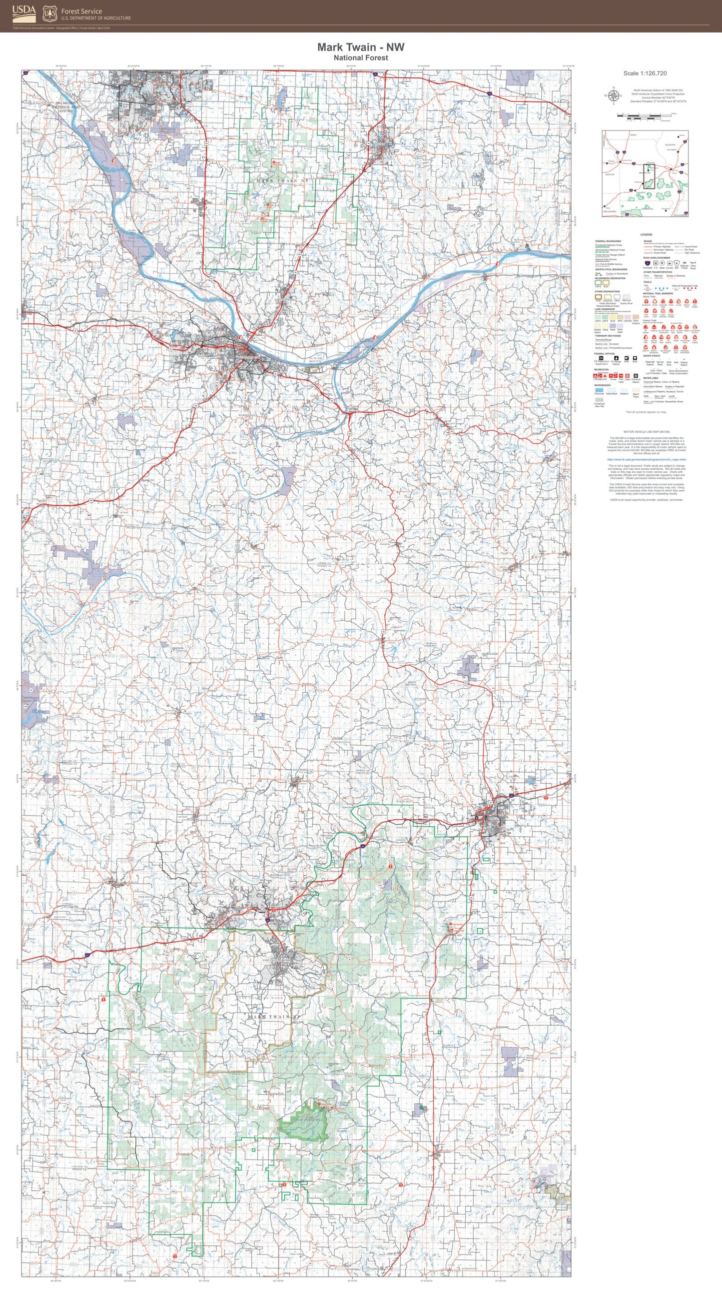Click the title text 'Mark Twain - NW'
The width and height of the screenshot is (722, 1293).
(x=360, y=47)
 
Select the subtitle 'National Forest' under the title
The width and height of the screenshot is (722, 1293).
(x=360, y=57)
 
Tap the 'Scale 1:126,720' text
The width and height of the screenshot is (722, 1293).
(x=645, y=73)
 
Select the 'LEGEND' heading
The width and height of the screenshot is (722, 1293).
(x=646, y=235)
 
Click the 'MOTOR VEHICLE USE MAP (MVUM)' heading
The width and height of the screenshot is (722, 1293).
(x=646, y=432)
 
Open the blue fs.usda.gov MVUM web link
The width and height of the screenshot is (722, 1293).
(x=646, y=459)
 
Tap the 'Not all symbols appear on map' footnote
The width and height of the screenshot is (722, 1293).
(x=646, y=412)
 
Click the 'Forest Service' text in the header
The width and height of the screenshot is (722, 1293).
(x=81, y=10)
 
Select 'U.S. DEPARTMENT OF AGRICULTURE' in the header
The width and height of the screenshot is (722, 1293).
(x=96, y=18)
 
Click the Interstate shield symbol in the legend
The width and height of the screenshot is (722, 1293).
(x=647, y=262)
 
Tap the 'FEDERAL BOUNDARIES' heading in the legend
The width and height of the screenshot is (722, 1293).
(x=608, y=241)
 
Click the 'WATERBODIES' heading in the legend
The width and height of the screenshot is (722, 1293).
(x=603, y=385)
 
